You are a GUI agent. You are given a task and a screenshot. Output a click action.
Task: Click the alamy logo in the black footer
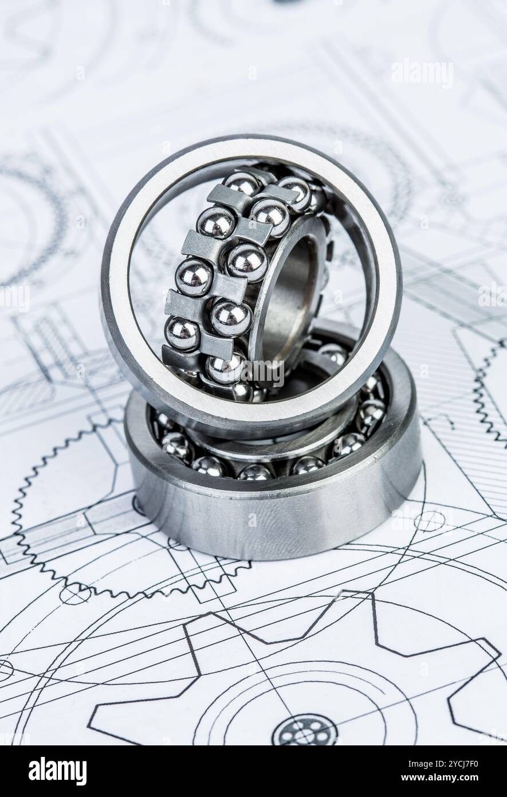point(57,771)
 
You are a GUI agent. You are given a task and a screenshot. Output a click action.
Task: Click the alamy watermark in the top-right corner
point(422,73)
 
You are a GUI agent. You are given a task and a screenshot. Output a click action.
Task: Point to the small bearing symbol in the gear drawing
point(304,731)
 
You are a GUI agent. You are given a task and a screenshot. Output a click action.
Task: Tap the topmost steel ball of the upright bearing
point(242,183)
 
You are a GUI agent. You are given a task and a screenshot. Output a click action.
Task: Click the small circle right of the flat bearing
point(429,521)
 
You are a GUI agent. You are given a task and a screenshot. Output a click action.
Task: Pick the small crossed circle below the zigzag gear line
point(74,594)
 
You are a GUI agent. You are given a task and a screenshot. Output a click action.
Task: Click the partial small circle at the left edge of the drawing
point(5,670)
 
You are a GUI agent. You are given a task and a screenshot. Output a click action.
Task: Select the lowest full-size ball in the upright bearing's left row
point(182,334)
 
